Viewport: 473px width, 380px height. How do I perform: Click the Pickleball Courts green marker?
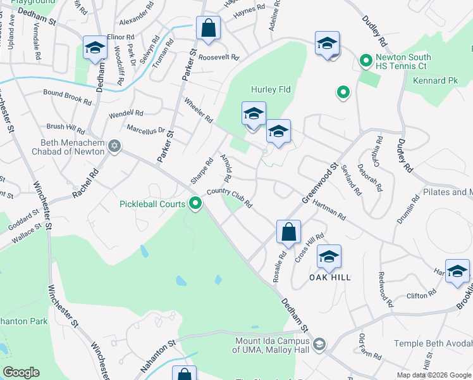pyautogui.click(x=196, y=204)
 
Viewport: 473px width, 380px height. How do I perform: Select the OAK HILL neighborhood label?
pyautogui.click(x=329, y=277)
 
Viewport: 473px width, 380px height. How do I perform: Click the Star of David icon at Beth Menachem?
pyautogui.click(x=114, y=146)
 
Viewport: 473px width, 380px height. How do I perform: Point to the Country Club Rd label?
pyautogui.click(x=230, y=197)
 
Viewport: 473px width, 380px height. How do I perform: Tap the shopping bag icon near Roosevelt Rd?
pyautogui.click(x=207, y=28)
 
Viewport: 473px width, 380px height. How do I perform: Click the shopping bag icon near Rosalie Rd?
pyautogui.click(x=288, y=232)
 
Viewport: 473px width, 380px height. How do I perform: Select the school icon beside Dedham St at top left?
pyautogui.click(x=95, y=47)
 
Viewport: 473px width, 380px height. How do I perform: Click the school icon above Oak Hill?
pyautogui.click(x=329, y=256)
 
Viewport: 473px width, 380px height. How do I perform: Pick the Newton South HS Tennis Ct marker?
pyautogui.click(x=365, y=61)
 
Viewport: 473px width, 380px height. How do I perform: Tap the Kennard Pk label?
pyautogui.click(x=435, y=81)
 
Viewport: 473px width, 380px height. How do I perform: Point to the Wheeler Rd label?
pyautogui.click(x=198, y=110)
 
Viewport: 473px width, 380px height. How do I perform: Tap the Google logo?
pyautogui.click(x=21, y=372)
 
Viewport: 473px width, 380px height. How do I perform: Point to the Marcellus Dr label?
pyautogui.click(x=145, y=129)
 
